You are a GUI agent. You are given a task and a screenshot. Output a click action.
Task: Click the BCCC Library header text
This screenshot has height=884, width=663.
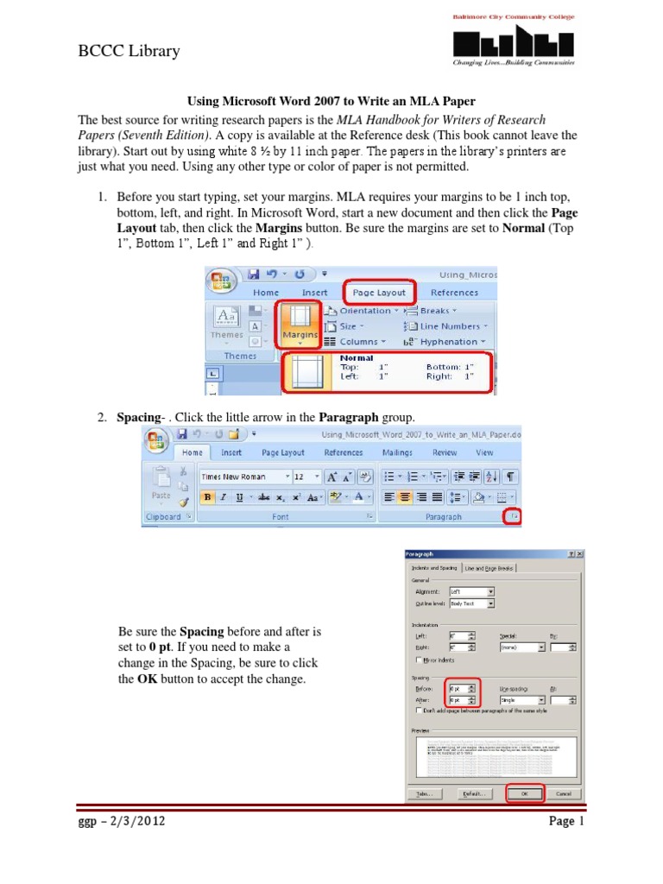click(129, 51)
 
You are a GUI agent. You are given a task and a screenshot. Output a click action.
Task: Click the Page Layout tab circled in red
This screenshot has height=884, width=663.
click(379, 293)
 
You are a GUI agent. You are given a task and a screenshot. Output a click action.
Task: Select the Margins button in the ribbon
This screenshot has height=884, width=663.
click(298, 324)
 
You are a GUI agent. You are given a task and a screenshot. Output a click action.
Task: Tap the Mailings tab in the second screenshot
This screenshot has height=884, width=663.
click(397, 452)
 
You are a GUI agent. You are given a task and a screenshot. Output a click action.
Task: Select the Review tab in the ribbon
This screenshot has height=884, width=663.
click(445, 452)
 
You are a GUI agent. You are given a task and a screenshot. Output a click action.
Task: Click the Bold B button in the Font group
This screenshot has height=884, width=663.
click(207, 497)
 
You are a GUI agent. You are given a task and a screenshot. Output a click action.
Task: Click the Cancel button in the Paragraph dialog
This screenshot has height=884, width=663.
click(563, 792)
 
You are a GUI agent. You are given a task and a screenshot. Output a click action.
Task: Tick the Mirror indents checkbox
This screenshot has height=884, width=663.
click(420, 660)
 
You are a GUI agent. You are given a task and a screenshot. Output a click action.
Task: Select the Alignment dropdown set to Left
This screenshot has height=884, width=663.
click(471, 591)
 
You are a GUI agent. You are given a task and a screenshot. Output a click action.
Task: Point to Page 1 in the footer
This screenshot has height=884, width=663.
click(567, 822)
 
